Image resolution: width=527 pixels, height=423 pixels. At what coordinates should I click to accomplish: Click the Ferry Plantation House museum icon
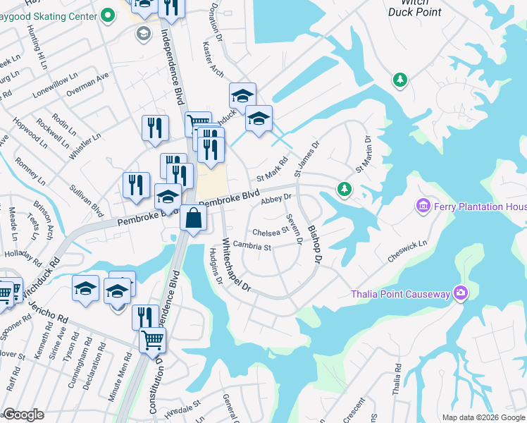coord(423,206)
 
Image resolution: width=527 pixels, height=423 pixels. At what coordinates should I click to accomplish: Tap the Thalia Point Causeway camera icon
coord(460,293)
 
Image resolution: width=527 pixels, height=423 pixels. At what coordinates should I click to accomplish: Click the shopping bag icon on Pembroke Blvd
coord(193,219)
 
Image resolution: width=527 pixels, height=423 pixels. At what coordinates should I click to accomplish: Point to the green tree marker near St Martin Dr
coord(344,188)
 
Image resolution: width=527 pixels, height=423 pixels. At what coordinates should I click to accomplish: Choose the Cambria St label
coord(252,247)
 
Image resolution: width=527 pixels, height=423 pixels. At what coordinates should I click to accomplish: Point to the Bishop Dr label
coord(314,247)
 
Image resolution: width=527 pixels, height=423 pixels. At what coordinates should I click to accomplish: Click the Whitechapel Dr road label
coord(236,264)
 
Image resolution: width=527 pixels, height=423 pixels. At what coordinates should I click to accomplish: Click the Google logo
coord(23,415)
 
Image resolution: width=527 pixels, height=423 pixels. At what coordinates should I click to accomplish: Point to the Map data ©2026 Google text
coord(483,417)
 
